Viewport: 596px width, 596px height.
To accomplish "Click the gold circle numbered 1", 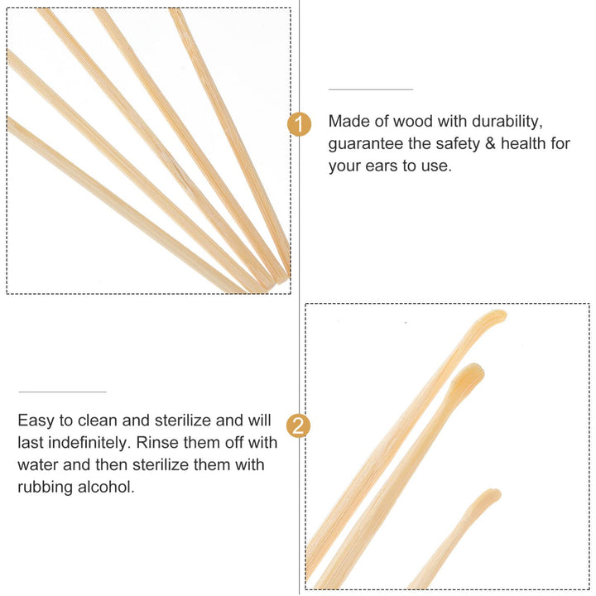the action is coord(299,124).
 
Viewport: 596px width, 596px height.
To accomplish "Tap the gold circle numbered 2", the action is coord(298,425).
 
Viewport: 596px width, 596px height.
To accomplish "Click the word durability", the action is coord(507,122).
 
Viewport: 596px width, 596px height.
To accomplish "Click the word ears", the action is coord(382,166).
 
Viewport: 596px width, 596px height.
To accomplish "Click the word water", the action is coord(37,465).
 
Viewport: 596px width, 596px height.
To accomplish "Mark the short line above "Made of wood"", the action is coord(371,89).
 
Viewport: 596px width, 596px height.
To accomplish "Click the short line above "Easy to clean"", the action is coord(63,392).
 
